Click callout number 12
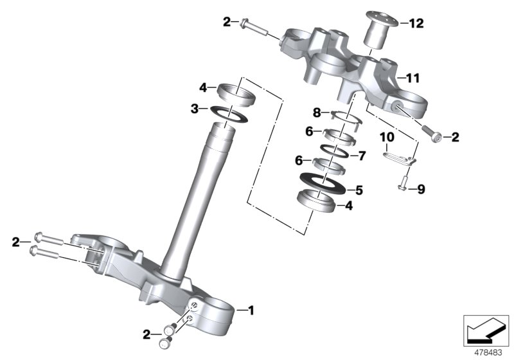[416, 24]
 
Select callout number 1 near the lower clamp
[251, 311]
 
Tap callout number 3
[195, 109]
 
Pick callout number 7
[361, 156]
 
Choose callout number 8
[317, 113]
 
